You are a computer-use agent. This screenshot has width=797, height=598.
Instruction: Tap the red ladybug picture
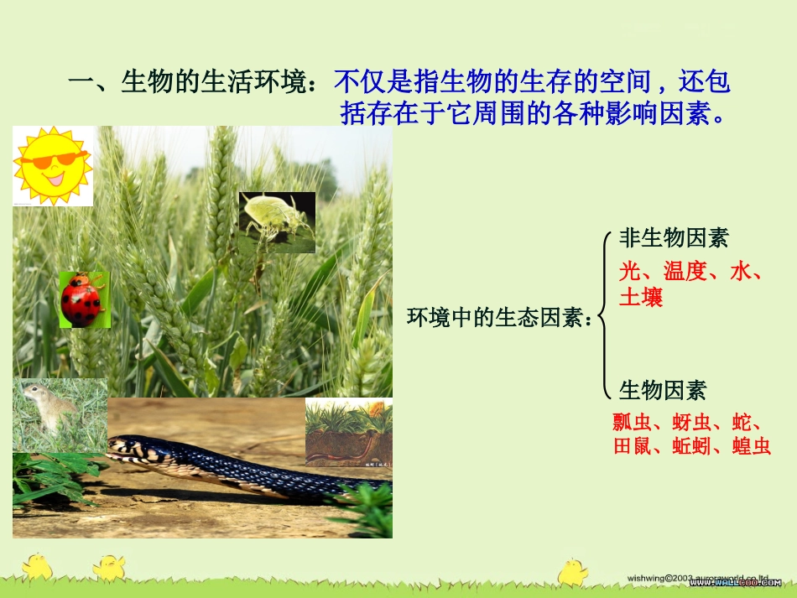coord(81,299)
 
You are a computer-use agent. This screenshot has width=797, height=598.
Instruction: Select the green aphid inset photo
coord(277,221)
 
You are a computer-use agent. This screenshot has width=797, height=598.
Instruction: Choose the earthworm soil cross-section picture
coord(348,431)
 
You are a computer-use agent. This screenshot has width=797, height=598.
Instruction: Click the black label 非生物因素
coord(674,238)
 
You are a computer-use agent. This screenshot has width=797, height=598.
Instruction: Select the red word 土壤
coord(641,297)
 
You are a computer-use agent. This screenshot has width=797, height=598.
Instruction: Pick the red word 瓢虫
coord(632,420)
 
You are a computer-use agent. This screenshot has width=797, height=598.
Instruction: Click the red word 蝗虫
coord(751,446)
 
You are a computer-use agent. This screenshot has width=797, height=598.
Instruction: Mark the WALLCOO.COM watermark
coord(734,582)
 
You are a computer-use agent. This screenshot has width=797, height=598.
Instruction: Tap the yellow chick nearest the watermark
coord(573,570)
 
